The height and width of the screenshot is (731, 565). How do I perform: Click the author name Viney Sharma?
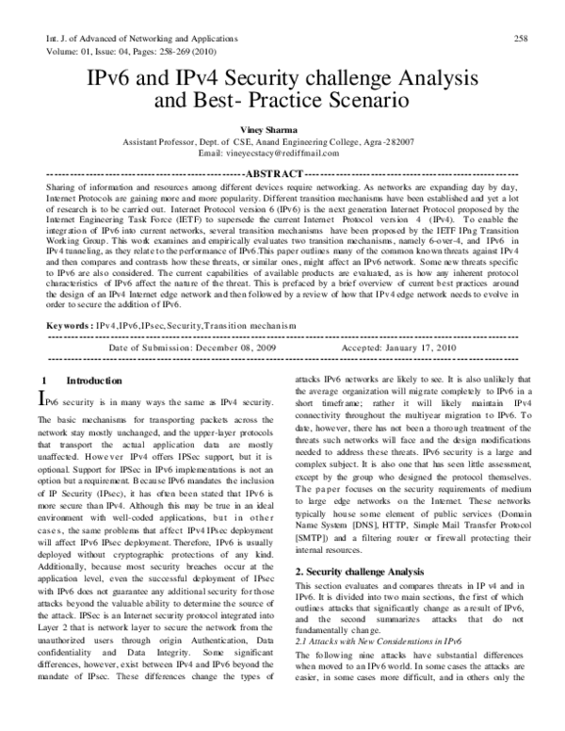tap(281, 134)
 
